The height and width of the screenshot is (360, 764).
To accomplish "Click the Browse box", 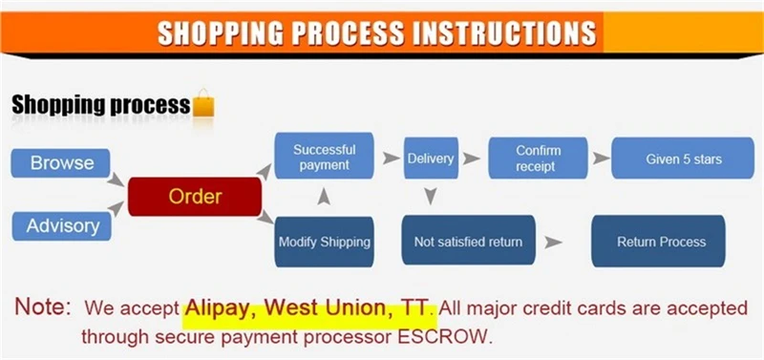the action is tap(61, 162).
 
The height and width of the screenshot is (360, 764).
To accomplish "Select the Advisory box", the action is tap(62, 226).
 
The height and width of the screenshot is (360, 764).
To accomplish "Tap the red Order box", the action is tap(195, 197).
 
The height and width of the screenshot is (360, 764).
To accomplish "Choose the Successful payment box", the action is tap(324, 156).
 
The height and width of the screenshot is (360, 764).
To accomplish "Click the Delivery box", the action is tap(431, 159).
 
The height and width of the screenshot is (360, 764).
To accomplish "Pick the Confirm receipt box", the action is tap(538, 159).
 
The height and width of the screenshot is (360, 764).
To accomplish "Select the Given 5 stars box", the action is tap(683, 159).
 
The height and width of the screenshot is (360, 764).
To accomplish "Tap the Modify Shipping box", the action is tap(324, 243).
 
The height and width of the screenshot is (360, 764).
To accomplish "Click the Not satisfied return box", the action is tap(468, 241).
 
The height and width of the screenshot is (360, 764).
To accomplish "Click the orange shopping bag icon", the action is tap(203, 103).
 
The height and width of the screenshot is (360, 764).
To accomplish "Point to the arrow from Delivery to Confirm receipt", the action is tap(471, 159).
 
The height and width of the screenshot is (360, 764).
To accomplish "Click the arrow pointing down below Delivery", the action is tap(430, 196).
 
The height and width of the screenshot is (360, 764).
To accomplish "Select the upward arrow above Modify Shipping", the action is tap(324, 197).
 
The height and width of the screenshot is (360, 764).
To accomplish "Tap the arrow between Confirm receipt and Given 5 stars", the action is tap(602, 158).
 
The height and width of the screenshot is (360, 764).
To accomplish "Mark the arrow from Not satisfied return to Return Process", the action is tap(553, 242).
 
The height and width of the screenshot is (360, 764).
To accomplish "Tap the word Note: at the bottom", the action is tap(43, 307).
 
